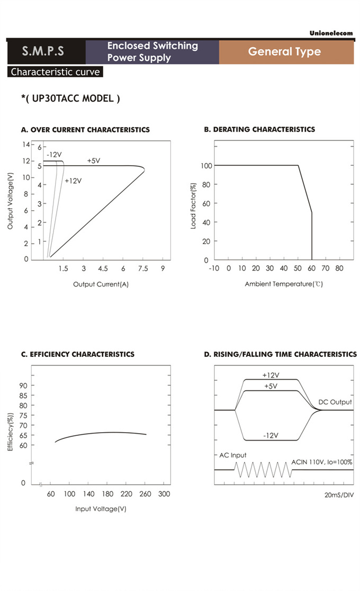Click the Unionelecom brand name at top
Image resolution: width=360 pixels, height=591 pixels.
(331, 33)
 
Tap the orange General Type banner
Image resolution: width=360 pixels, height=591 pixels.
(284, 51)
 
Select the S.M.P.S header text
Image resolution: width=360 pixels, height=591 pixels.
(43, 51)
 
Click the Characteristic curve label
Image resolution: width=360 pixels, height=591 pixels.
(56, 72)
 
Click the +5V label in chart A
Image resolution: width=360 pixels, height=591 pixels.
(94, 160)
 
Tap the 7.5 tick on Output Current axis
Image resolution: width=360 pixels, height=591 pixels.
(143, 269)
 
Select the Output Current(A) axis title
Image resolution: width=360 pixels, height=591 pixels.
(101, 284)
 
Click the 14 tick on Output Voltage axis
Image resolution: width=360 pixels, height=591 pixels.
(25, 144)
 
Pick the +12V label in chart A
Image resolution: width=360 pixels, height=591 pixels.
(73, 181)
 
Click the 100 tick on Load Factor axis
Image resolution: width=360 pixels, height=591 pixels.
(206, 166)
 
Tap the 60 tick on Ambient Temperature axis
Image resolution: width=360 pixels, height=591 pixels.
(312, 268)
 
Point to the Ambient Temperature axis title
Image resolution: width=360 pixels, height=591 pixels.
(284, 284)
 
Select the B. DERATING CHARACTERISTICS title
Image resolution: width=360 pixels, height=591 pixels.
(259, 129)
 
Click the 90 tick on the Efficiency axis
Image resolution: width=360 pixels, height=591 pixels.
(23, 385)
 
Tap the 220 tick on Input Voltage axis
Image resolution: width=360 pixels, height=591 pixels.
(126, 494)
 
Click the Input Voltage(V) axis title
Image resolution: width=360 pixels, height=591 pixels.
(101, 509)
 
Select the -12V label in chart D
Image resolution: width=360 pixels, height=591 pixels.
(271, 435)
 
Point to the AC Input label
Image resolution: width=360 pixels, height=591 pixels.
(233, 455)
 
